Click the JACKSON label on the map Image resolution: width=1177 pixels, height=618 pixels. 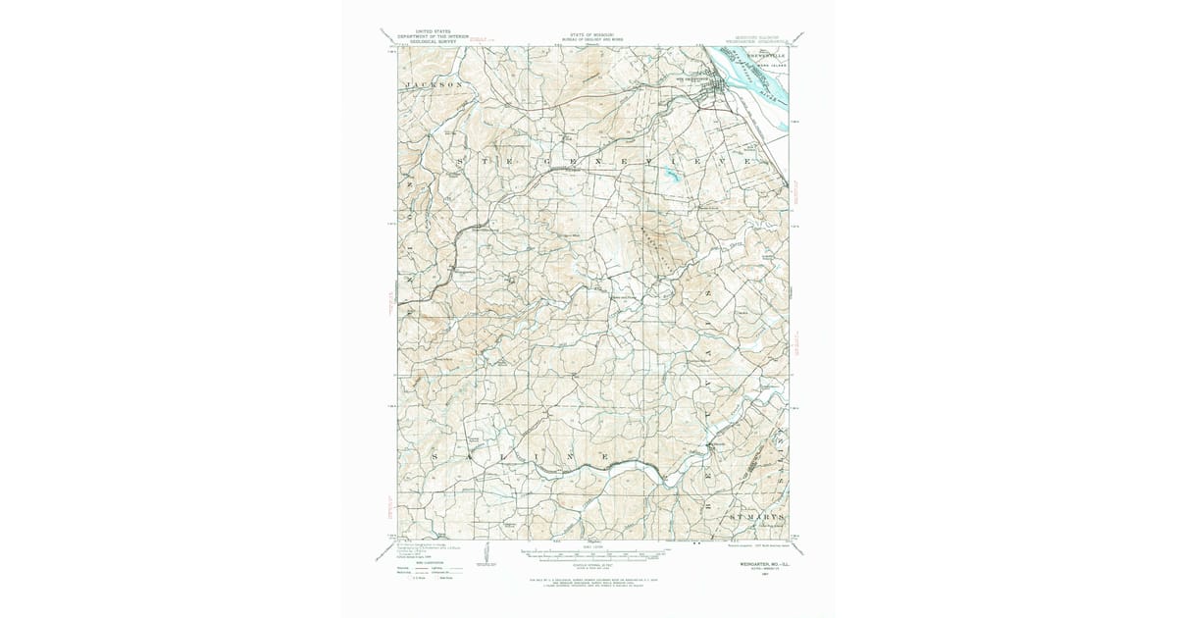point(433,85)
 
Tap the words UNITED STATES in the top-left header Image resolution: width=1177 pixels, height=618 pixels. point(413,31)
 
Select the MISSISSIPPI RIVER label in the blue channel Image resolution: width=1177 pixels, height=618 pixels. point(763,87)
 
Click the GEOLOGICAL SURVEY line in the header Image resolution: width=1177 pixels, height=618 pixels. point(413,42)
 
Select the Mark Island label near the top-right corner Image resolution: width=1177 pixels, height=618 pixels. point(774,66)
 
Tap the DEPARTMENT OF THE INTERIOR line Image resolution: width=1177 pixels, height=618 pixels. point(413,37)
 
